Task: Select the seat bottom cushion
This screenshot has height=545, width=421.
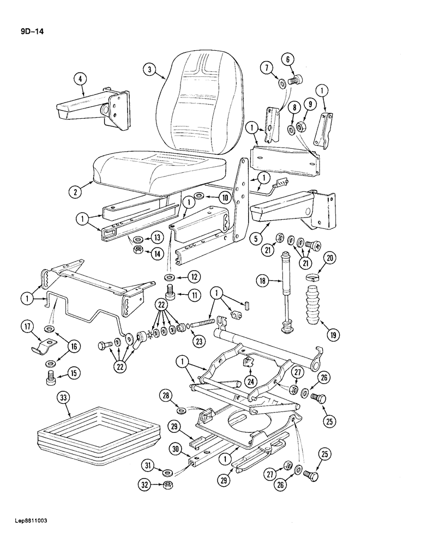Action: coord(158,169)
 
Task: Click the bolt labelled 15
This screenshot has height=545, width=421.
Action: coord(51,376)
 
